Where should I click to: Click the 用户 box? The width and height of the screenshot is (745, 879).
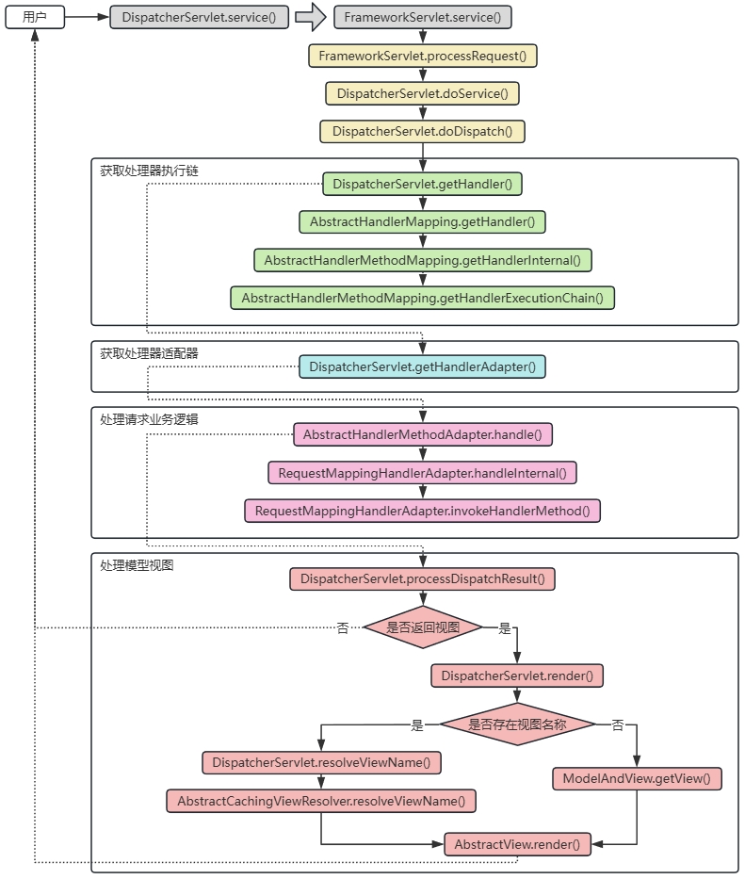[x=35, y=17]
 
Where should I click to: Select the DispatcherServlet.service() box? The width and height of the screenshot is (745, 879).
[x=200, y=17]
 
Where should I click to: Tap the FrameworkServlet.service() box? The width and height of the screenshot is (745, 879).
[x=423, y=17]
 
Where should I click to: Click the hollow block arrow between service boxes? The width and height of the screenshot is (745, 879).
[x=310, y=17]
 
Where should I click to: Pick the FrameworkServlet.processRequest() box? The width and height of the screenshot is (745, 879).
[x=423, y=56]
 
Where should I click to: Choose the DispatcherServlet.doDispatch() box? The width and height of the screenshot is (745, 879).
[x=423, y=131]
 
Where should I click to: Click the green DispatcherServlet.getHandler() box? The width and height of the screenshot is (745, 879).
[x=423, y=184]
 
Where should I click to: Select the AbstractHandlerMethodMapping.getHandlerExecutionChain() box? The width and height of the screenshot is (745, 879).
[x=423, y=298]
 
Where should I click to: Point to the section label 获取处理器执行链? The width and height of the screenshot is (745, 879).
[x=149, y=171]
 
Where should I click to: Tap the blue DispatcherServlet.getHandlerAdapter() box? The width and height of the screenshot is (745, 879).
[x=423, y=366]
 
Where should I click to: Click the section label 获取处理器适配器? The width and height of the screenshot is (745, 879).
[x=149, y=353]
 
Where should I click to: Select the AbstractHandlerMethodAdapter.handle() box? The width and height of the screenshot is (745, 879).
[x=423, y=434]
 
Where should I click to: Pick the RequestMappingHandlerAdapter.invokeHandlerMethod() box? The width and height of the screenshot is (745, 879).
[x=423, y=511]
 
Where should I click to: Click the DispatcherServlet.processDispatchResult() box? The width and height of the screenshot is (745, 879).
[x=423, y=578]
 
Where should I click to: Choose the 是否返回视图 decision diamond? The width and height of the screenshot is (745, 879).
[x=423, y=627]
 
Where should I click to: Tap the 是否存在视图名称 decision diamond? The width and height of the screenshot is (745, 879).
[x=518, y=724]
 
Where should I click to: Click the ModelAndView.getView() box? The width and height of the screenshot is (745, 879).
[x=637, y=778]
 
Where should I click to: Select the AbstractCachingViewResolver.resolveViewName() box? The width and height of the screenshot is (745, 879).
[x=321, y=801]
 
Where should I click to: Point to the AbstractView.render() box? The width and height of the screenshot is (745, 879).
[x=517, y=844]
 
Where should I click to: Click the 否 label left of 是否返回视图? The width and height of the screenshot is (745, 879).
[x=343, y=628]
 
